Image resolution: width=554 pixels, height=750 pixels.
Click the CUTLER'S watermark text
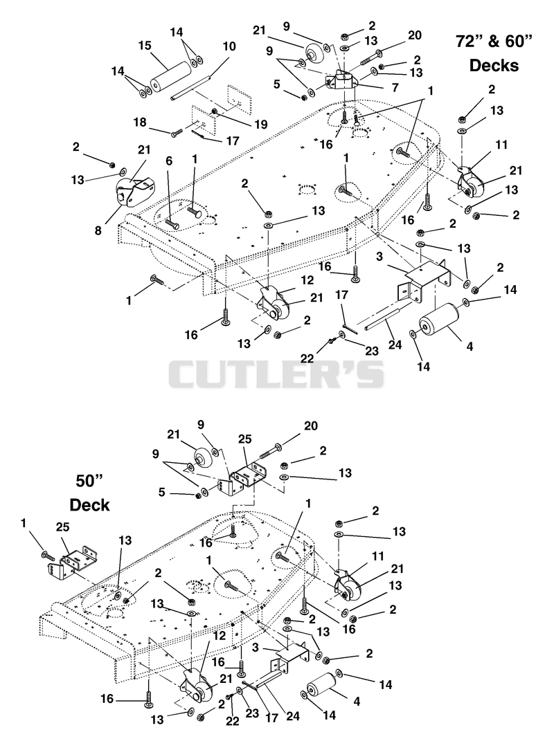tap(276, 374)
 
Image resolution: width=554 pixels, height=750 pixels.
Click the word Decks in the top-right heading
tap(494, 65)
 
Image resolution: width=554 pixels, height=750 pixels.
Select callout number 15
tap(145, 46)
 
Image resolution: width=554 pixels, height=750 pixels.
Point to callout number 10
tap(229, 46)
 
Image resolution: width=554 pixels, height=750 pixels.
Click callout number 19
tap(260, 125)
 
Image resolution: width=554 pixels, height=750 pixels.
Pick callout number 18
tap(140, 122)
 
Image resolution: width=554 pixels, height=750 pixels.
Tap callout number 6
tap(168, 162)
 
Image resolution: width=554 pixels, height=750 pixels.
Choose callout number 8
tap(98, 230)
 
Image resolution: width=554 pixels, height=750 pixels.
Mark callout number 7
tap(395, 89)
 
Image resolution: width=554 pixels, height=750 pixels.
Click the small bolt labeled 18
tap(177, 132)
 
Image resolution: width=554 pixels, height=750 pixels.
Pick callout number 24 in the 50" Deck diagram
tap(292, 716)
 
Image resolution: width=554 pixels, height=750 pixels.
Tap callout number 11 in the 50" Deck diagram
tap(378, 556)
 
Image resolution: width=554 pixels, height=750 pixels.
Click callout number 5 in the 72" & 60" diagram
tap(277, 84)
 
